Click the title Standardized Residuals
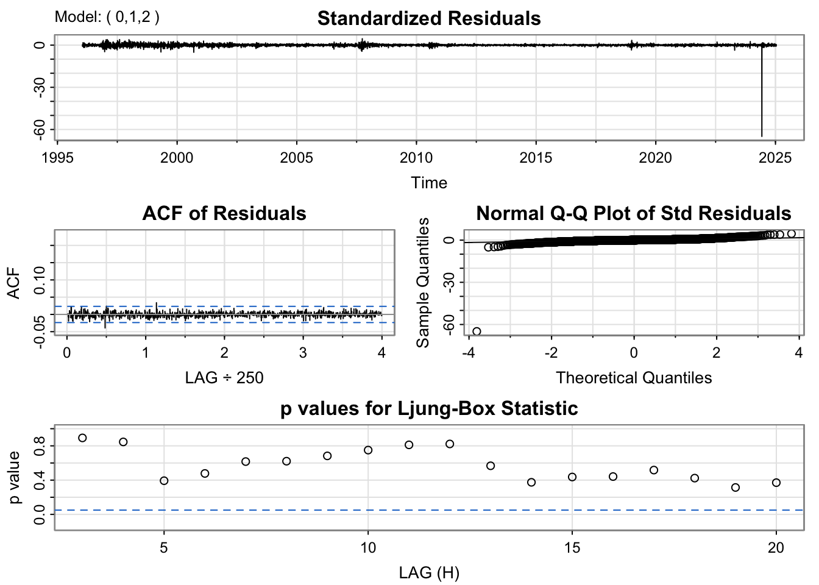click(x=429, y=18)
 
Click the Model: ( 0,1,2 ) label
click(x=107, y=17)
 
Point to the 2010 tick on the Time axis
click(x=416, y=158)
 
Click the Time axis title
click(x=429, y=183)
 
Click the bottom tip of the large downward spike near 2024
click(x=762, y=136)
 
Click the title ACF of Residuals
click(x=224, y=213)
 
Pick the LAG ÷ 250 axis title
click(x=224, y=378)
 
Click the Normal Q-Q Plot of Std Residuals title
click(x=634, y=213)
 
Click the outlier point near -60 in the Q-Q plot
click(x=477, y=331)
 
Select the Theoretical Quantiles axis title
click(x=634, y=378)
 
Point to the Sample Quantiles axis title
click(x=423, y=283)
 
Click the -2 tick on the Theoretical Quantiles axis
click(x=551, y=353)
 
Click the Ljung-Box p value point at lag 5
click(x=164, y=481)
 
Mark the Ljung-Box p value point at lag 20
click(x=776, y=483)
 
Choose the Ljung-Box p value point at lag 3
click(x=82, y=438)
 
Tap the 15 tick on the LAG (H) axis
click(x=572, y=548)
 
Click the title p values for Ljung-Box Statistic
click(x=429, y=408)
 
